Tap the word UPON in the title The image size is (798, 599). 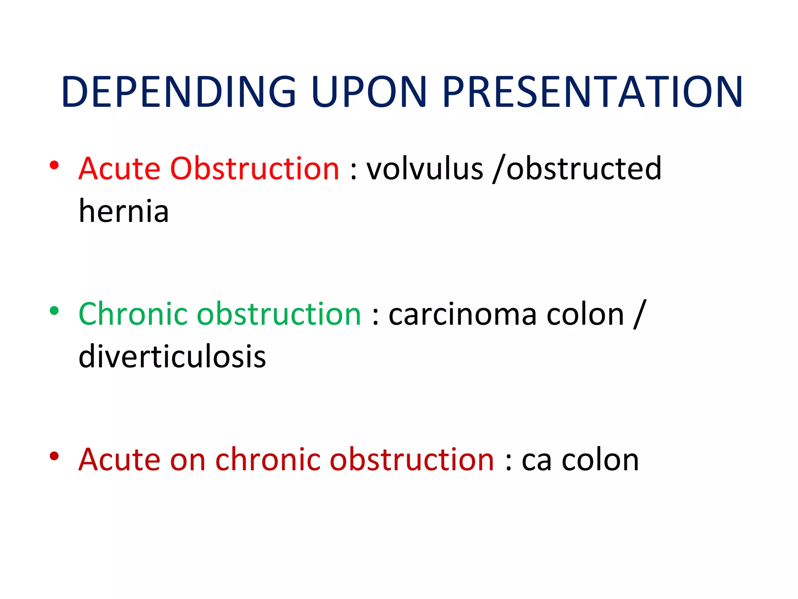369,92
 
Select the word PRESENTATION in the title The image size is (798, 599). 592,92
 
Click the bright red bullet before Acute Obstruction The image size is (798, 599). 54,165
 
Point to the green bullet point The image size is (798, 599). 54,311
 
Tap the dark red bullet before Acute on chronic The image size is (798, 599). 54,456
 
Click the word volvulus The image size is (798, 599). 425,169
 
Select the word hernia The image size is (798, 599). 124,211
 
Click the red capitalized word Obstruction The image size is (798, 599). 254,169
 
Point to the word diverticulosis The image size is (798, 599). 172,357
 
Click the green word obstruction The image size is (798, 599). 279,314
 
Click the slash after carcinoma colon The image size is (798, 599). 639,314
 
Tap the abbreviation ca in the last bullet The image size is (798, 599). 536,460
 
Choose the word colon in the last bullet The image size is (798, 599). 600,460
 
